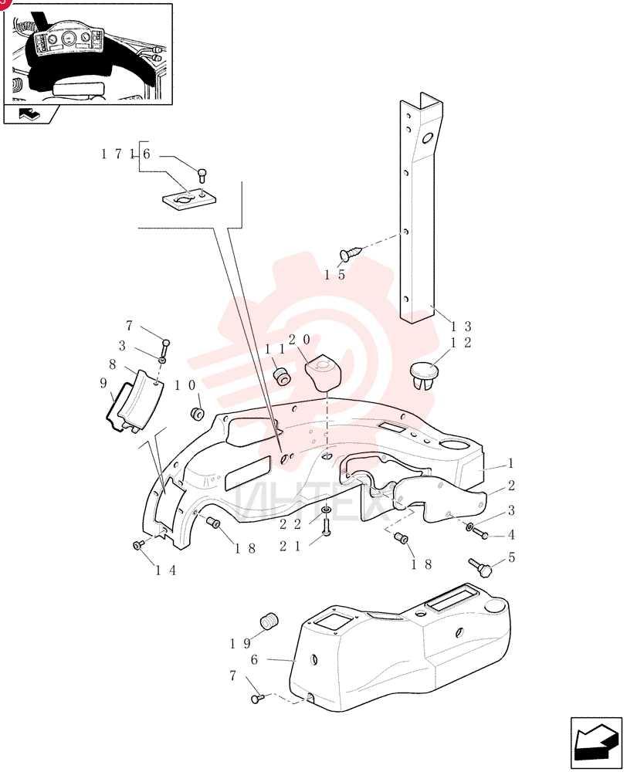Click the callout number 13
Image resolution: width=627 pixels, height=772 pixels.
[461, 326]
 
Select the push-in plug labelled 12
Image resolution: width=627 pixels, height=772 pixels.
[423, 375]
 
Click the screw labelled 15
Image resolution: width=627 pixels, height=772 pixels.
[351, 253]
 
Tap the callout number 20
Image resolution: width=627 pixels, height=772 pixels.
[299, 339]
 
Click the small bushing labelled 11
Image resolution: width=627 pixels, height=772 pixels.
[282, 377]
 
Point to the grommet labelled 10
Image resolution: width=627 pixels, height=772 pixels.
[197, 413]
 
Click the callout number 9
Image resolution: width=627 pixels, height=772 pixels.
[103, 383]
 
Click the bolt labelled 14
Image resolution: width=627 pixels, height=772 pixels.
[138, 544]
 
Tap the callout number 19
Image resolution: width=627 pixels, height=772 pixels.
[240, 644]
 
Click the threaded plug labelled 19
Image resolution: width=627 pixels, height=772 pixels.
[269, 621]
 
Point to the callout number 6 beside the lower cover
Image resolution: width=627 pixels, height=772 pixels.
[254, 659]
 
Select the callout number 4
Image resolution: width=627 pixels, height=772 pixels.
[511, 534]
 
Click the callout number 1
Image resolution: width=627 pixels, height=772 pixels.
[510, 462]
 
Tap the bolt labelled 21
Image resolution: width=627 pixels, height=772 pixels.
[326, 527]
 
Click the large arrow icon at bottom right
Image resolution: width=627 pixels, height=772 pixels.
[596, 742]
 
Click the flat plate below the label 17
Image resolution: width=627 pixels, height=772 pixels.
[190, 199]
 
